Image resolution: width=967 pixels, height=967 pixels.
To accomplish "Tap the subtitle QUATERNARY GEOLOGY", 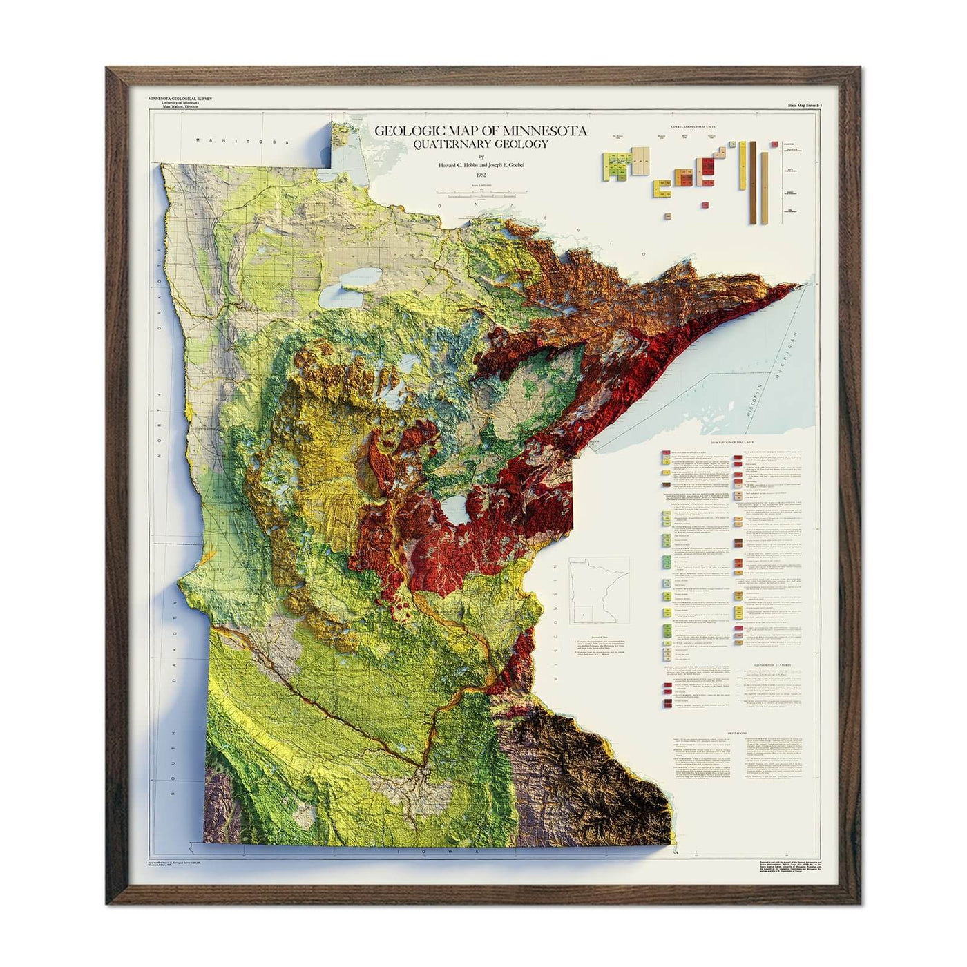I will [481, 144].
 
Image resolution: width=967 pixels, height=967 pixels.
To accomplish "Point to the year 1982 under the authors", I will [481, 175].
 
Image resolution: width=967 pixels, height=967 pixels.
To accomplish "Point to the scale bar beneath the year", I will [481, 197].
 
